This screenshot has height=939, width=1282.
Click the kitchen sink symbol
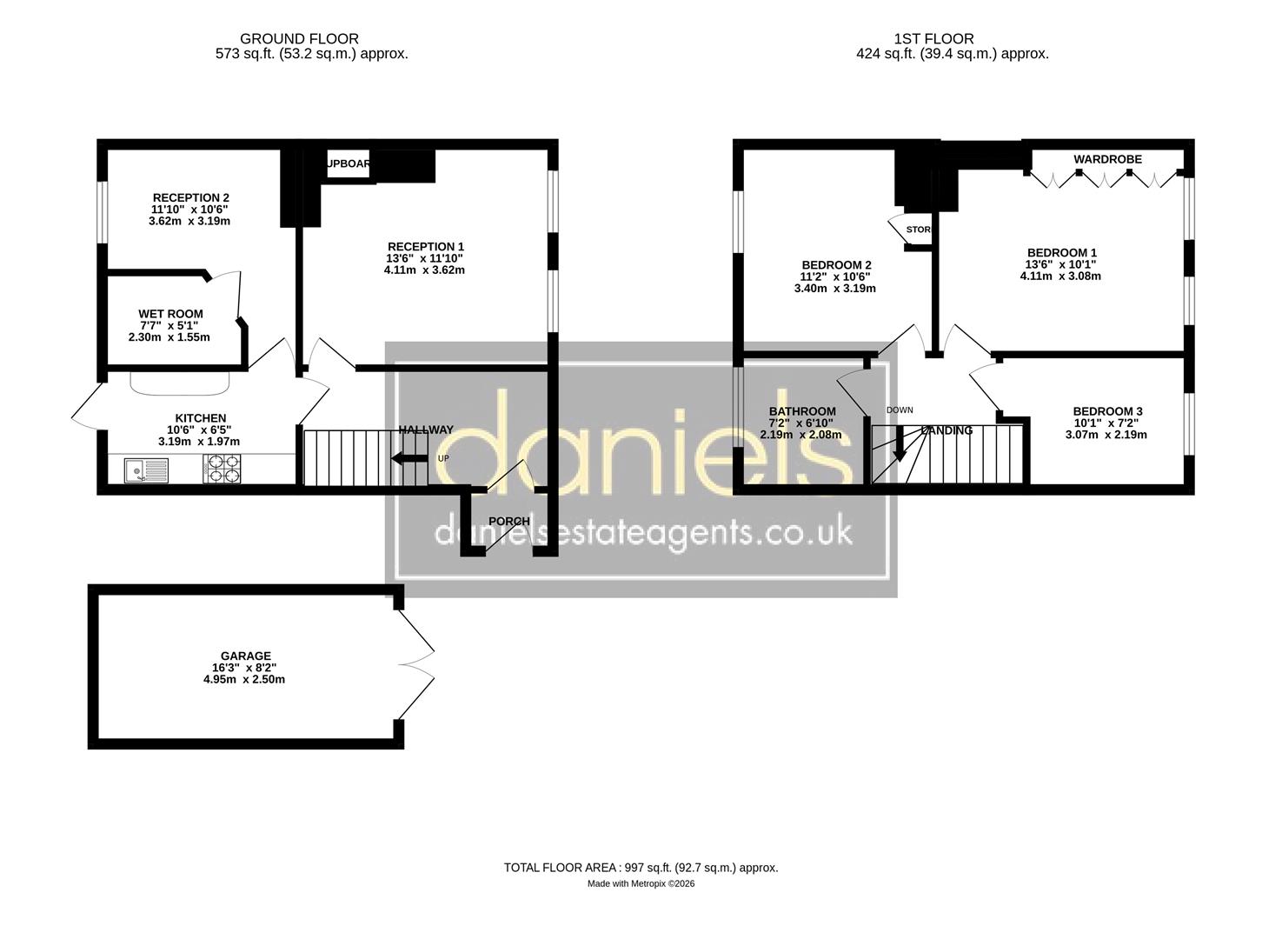pos(145,470)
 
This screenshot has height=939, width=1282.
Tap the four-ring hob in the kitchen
pos(223,469)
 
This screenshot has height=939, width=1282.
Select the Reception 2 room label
pos(190,197)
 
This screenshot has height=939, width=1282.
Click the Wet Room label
pos(170,314)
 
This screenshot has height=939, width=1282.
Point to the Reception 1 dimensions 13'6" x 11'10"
pos(424,258)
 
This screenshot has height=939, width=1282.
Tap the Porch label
pos(508,521)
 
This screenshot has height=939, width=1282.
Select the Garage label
pos(245,656)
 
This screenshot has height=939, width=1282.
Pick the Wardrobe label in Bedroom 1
pos(1107,159)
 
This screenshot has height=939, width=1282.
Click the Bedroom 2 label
pos(836,264)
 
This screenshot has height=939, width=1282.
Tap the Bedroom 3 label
pos(1107,411)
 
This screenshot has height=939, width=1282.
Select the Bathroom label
pos(801,411)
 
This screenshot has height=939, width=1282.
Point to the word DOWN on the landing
pos(899,410)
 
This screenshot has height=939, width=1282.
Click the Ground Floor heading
pos(299,38)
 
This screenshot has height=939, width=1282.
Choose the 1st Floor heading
pos(933,38)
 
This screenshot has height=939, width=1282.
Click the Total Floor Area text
pos(641,867)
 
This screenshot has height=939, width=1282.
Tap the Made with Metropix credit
pos(641,883)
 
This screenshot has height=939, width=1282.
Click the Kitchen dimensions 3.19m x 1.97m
pos(199,442)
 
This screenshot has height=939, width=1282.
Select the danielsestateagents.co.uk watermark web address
pos(642,532)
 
